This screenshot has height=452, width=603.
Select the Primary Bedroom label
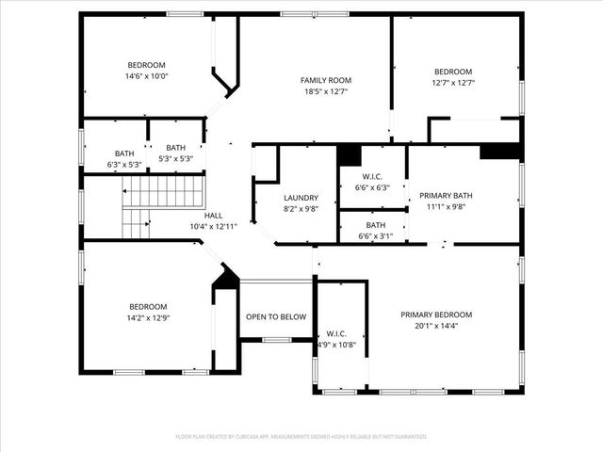coord(436,315)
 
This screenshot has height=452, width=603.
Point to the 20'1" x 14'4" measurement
coord(436,326)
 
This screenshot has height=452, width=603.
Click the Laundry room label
coord(301,198)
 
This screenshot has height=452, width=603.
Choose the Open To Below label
coord(275,316)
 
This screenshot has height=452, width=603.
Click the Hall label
coord(214,216)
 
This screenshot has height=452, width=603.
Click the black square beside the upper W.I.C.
coord(349,154)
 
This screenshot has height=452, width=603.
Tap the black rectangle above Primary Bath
coord(500,151)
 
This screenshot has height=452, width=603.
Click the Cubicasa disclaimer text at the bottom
coord(301,436)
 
